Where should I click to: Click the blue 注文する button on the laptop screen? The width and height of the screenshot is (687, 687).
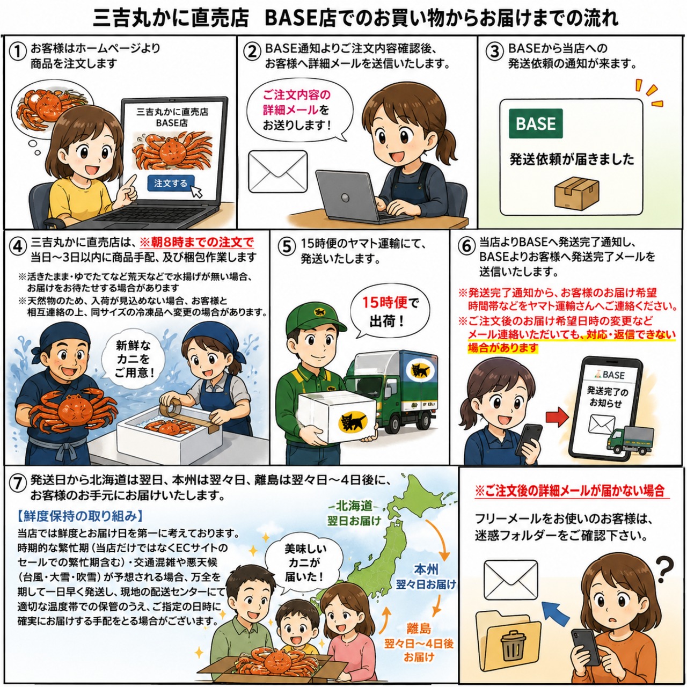point(171,183)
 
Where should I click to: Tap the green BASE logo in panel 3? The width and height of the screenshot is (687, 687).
point(536,123)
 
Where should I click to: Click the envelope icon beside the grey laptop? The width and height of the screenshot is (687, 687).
point(277,172)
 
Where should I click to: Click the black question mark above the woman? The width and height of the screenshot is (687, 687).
point(665,569)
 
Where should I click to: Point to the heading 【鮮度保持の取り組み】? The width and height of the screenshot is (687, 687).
point(80,515)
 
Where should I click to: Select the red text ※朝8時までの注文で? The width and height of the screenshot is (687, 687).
point(197,243)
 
